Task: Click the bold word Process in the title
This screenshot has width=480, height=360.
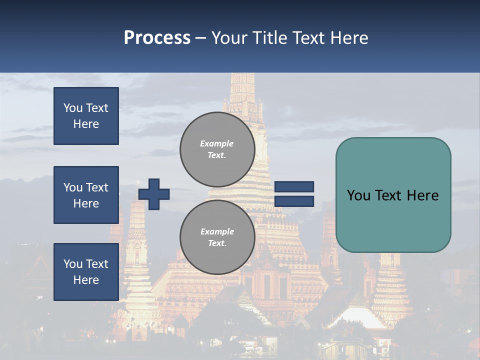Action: click(x=157, y=38)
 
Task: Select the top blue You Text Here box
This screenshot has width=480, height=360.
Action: click(x=86, y=116)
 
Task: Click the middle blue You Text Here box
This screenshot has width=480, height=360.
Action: click(x=86, y=195)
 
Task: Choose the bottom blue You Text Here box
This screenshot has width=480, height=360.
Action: click(x=86, y=271)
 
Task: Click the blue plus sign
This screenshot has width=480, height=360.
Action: click(x=154, y=194)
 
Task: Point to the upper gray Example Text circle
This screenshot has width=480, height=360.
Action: click(x=217, y=149)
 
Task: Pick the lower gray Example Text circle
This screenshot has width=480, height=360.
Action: click(x=217, y=237)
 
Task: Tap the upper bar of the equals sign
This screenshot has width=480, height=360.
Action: click(x=294, y=187)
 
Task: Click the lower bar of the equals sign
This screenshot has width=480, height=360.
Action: click(x=294, y=201)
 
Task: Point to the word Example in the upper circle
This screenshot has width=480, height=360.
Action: click(x=217, y=143)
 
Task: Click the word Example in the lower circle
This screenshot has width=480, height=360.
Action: click(x=217, y=231)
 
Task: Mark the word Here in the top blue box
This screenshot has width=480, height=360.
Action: click(x=86, y=124)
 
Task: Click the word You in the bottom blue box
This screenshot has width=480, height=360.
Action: click(x=73, y=264)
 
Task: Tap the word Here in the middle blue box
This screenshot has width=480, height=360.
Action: click(x=86, y=203)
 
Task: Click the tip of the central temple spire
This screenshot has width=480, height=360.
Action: click(x=242, y=75)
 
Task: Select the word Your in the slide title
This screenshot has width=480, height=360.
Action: click(x=229, y=38)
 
